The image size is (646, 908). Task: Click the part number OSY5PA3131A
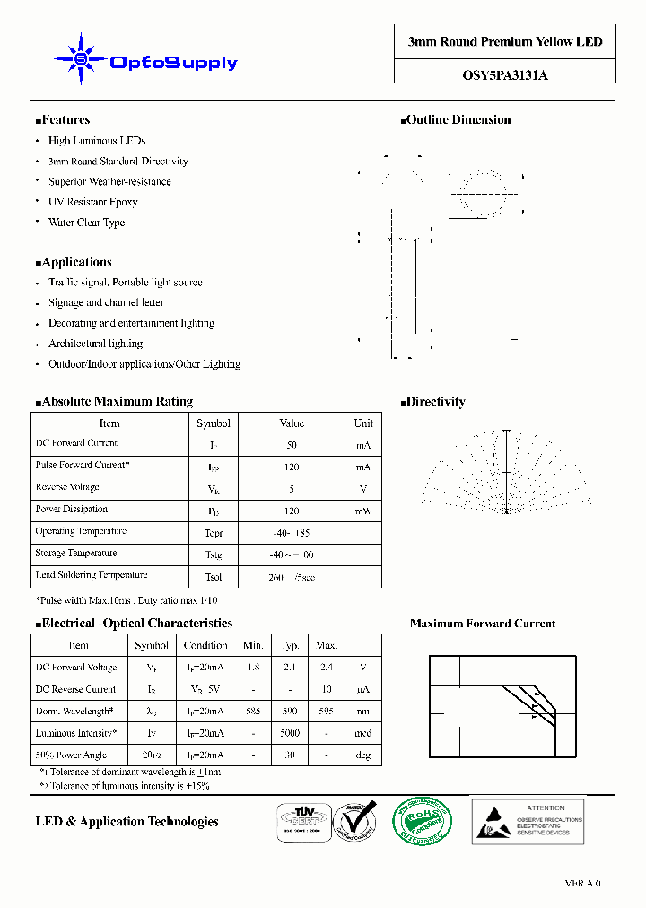[505, 76]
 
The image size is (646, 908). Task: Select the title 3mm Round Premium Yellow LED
[505, 42]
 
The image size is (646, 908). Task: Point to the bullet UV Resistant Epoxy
[92, 203]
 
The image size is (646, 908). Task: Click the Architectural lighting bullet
[95, 344]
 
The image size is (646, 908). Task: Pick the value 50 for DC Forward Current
[292, 445]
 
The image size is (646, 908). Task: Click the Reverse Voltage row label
[67, 487]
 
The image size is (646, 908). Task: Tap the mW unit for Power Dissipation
[362, 511]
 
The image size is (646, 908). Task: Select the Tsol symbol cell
[214, 577]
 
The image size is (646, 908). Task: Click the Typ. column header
[290, 645]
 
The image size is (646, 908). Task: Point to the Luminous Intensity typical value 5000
[290, 733]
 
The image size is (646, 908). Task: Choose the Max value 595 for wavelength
[326, 712]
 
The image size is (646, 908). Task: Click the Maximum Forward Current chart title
[482, 624]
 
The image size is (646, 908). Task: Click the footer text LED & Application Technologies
[127, 822]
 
